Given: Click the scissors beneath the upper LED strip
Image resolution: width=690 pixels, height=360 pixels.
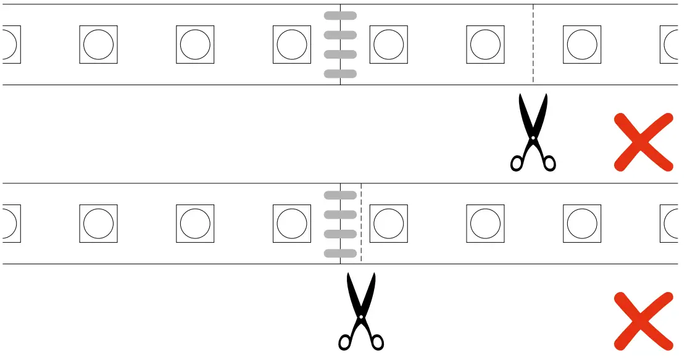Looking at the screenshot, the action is pos(533,133).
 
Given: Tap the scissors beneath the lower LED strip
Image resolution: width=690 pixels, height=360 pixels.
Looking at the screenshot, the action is pos(361,312).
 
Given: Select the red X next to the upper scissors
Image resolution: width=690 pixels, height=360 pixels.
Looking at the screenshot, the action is pos(643,142).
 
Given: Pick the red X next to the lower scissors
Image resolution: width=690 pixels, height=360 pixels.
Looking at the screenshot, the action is pos(643,321).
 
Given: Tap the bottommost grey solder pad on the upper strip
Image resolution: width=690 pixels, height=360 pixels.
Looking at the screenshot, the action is pos(340,74).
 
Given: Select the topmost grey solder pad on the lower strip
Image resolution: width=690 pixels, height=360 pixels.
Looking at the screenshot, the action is pos(340,195).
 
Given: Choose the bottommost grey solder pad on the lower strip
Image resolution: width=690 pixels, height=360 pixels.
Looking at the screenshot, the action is pos(340,253).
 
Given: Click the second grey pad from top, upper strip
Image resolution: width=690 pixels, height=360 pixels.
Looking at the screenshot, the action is pos(340,35).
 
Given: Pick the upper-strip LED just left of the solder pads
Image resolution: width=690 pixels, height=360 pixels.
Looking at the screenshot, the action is pos(292,44).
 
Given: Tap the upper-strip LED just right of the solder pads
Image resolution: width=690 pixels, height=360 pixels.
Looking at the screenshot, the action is pos(389,44).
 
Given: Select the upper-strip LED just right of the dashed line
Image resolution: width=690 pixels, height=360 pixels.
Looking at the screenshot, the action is pos(582,44).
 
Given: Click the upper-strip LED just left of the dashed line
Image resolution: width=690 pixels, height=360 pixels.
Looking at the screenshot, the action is pos(486,44).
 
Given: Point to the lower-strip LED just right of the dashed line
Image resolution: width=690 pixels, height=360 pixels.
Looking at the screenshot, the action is pos(389,224).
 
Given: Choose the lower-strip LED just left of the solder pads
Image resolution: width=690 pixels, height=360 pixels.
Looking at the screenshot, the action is pos(292,224).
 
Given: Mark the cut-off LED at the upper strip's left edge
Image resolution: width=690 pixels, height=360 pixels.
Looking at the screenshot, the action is pos(11,44).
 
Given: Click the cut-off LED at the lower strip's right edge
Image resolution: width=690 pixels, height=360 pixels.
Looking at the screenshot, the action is pos(670,224).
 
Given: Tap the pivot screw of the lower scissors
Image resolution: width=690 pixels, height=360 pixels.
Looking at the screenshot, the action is pos(361,317).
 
